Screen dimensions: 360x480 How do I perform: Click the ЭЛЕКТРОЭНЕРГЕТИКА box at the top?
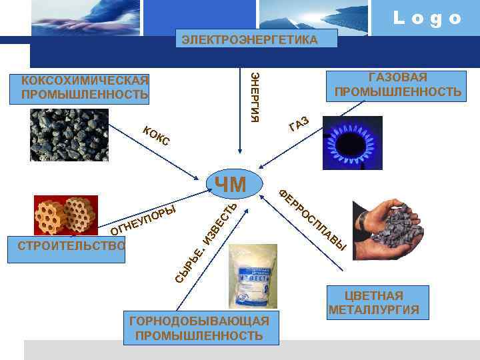250,41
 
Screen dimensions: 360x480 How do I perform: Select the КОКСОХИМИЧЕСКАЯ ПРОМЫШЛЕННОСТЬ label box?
85,88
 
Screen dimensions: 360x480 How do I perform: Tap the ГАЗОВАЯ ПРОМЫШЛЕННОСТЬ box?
398,85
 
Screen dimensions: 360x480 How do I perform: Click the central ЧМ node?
230,185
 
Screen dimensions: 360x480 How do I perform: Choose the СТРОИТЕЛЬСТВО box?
72,245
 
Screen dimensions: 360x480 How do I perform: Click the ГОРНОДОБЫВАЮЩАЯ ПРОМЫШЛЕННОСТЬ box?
199,328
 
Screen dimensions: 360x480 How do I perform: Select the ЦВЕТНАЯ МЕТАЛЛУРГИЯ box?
374,303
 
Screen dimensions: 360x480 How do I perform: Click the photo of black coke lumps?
69,136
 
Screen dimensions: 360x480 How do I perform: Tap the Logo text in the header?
427,18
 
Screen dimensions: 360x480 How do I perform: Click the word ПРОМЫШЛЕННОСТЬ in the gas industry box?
398,91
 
